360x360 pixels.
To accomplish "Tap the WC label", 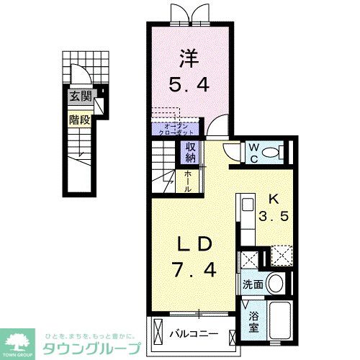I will point(253,153).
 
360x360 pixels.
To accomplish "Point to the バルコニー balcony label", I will point(194,335).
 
